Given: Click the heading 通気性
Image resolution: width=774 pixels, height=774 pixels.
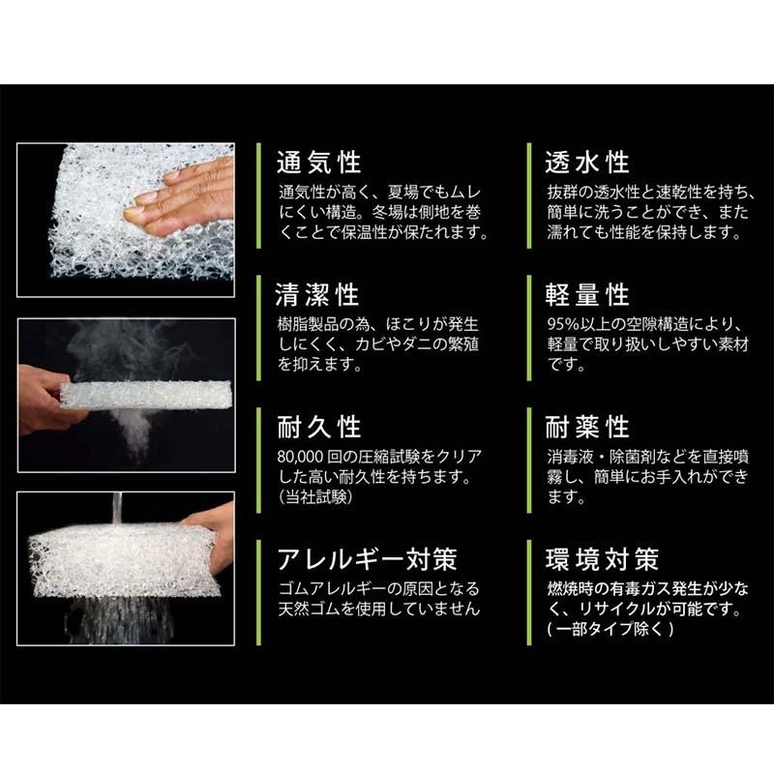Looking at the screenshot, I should tap(318, 161).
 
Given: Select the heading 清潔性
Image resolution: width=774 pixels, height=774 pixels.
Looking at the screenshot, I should tap(318, 293).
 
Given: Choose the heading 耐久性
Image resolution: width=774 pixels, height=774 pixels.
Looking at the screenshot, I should tap(318, 426).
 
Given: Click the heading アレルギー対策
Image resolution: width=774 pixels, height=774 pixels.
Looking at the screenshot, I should tap(367, 559).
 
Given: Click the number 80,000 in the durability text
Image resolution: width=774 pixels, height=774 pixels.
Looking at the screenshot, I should tap(304, 455).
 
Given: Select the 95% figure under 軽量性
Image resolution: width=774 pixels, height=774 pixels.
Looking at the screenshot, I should tap(563, 322).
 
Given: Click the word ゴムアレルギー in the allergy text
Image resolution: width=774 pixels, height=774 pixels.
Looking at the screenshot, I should tap(329, 588).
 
